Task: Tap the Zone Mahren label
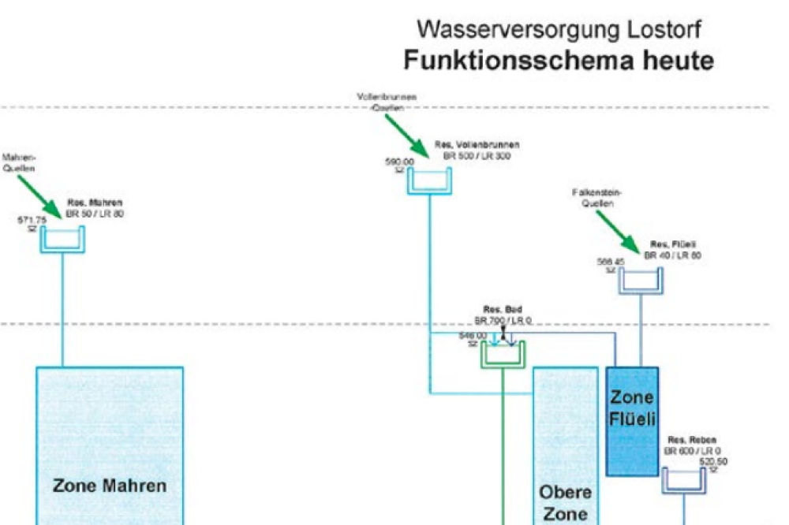(x=110, y=486)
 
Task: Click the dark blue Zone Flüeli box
(x=632, y=420)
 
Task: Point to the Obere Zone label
(x=565, y=503)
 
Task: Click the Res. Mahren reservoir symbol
(x=62, y=240)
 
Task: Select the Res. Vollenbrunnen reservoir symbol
(x=429, y=181)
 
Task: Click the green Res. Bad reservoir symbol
(x=503, y=356)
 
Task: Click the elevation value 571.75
(x=32, y=220)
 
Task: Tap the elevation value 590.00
(x=399, y=162)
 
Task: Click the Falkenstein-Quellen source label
(x=597, y=197)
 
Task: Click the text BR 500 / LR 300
(x=477, y=156)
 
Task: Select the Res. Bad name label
(x=503, y=310)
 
